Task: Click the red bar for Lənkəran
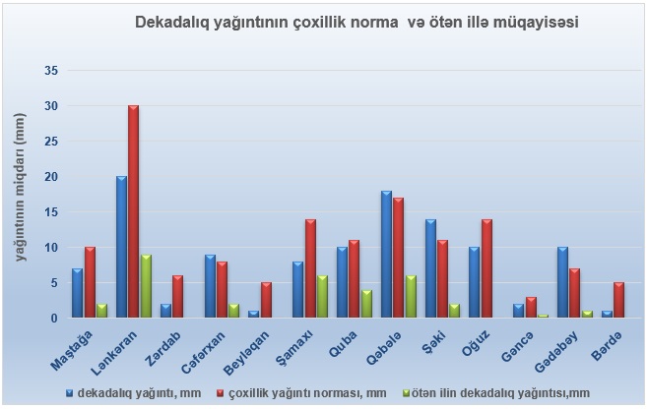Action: (x=133, y=211)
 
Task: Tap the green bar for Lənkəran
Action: (x=146, y=285)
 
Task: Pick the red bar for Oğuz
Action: (x=486, y=267)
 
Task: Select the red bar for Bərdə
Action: (x=618, y=299)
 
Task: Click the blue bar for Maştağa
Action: (x=76, y=292)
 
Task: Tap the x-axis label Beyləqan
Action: (x=246, y=346)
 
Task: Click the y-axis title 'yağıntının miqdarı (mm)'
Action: (x=21, y=187)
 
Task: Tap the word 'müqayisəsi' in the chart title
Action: (x=532, y=21)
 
